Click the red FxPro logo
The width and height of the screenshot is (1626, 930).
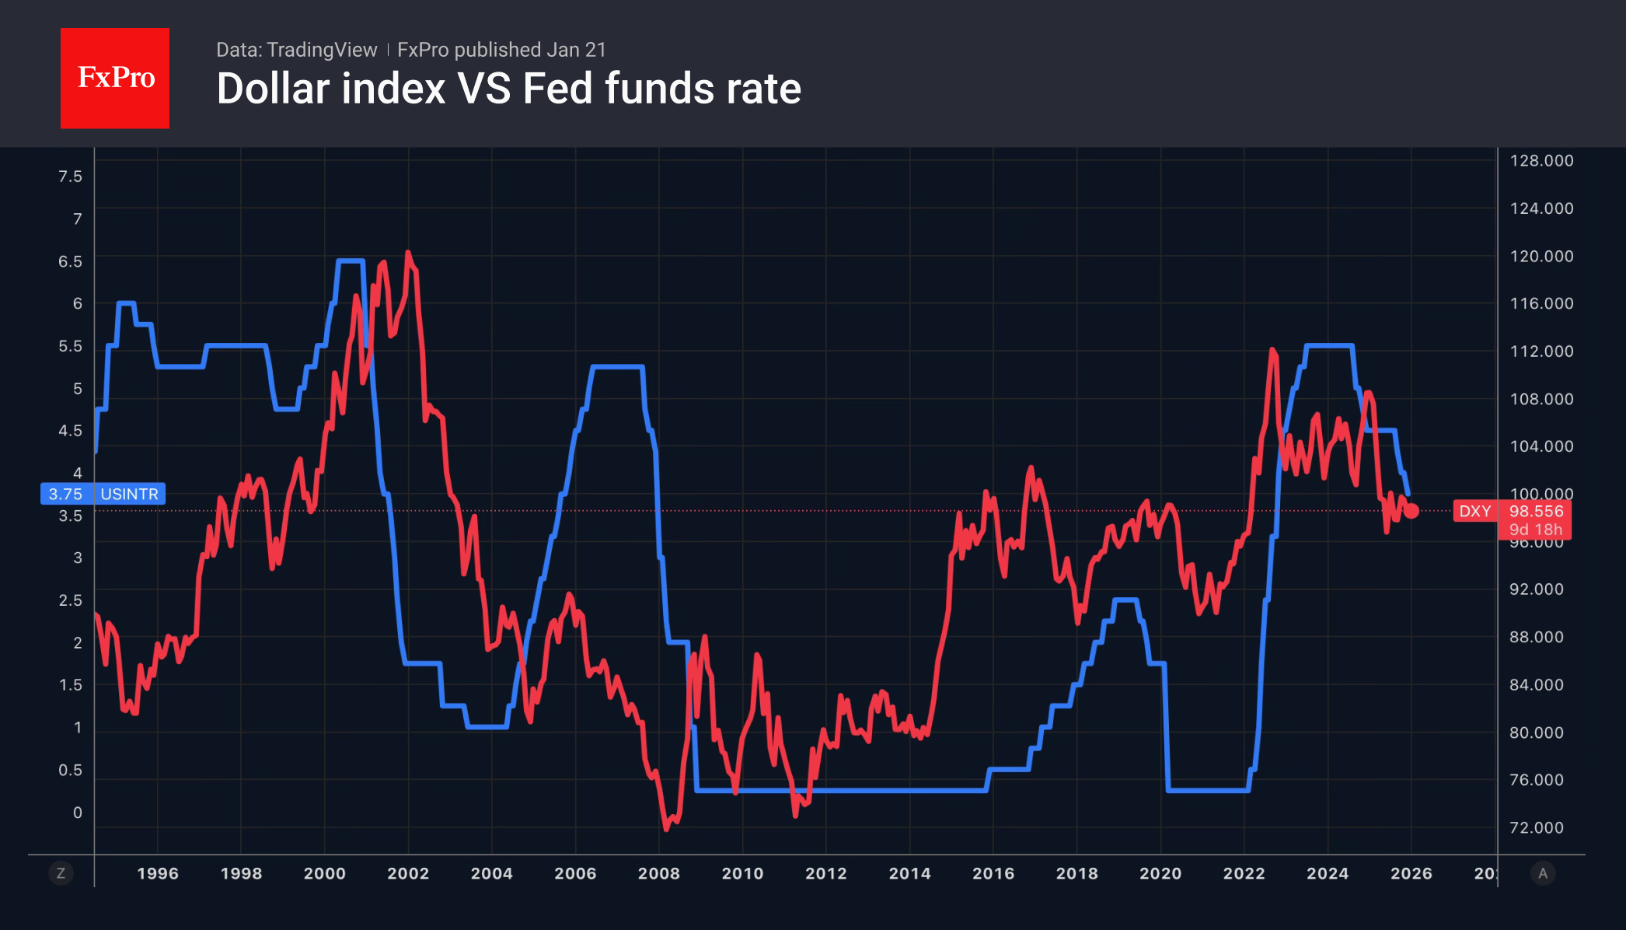pos(115,78)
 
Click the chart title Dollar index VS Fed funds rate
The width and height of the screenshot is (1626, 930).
pos(508,89)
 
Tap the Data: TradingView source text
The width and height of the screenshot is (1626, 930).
pos(296,50)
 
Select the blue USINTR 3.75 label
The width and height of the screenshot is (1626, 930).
pos(103,494)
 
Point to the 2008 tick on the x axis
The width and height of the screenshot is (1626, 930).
pos(658,873)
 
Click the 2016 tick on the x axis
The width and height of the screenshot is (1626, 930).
pos(993,873)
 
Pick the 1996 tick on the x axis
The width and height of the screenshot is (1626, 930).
pos(158,873)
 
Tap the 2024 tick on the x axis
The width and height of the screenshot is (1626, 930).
pos(1327,873)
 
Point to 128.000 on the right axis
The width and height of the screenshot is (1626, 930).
pos(1541,161)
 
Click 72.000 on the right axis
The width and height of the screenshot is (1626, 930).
pos(1536,827)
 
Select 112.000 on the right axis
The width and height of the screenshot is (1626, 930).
pos(1541,351)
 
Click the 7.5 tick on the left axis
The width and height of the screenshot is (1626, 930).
pos(70,177)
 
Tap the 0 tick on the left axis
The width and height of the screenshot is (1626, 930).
pos(77,813)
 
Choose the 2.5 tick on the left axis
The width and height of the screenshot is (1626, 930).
pos(70,600)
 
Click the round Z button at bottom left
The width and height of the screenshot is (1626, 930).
pos(61,873)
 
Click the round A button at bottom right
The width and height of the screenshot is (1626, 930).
pos(1543,873)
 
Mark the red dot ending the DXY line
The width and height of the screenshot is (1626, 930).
pos(1411,511)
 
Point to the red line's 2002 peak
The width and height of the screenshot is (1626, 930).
pos(408,253)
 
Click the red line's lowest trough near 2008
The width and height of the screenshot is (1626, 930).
pos(666,829)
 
